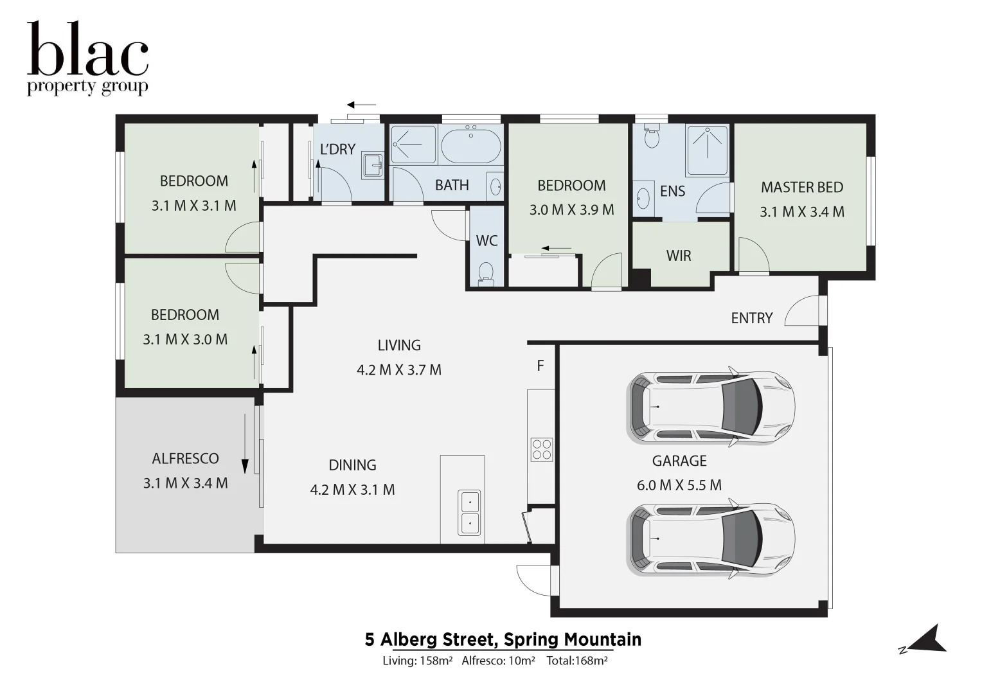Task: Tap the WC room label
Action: pos(487,240)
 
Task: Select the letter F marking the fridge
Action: pos(540,366)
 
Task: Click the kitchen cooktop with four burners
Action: pos(542,449)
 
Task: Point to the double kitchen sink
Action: pos(469,513)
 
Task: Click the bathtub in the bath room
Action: pos(471,147)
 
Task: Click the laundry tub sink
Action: pos(372,165)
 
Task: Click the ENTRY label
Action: pos(752,318)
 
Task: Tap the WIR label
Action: pos(679,256)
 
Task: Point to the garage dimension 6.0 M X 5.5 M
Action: pos(679,485)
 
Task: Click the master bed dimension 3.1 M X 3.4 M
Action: pos(802,212)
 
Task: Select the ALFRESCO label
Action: pos(185,459)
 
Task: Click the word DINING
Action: pos(353,465)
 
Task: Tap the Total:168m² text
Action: pos(577,661)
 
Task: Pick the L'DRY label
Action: pos(337,150)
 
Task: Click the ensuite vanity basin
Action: pos(643,199)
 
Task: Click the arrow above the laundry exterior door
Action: pos(361,105)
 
